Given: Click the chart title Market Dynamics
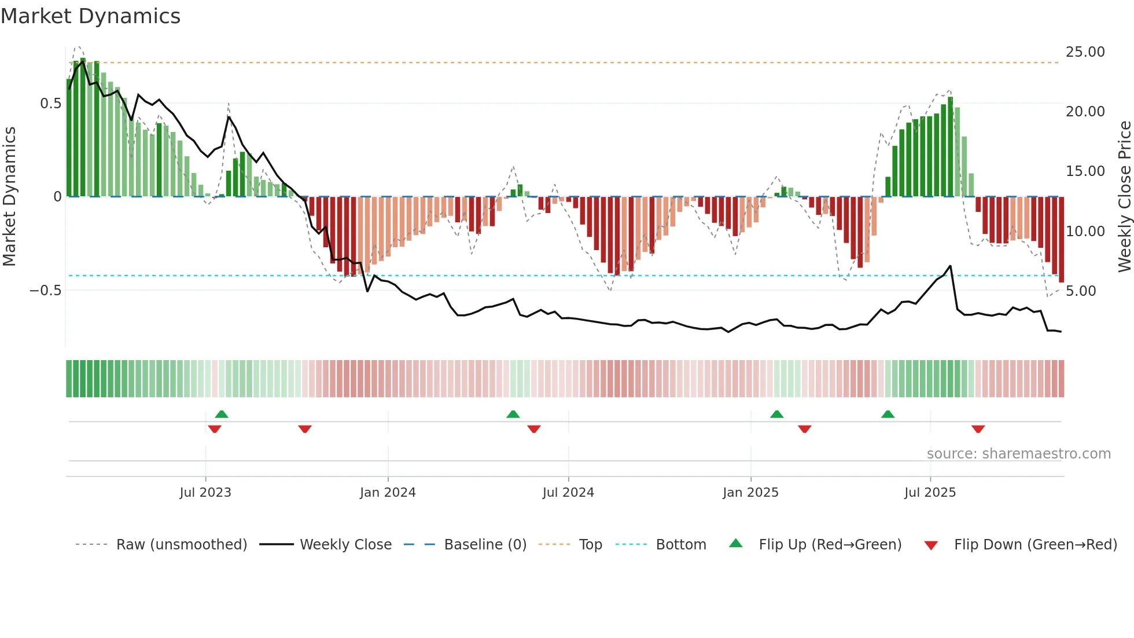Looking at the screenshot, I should [x=91, y=16].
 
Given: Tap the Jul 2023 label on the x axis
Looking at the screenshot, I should [x=205, y=493].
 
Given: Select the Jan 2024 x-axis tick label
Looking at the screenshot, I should [x=388, y=493].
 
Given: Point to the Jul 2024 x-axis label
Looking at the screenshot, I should [x=568, y=493].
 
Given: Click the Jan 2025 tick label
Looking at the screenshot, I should [x=750, y=493].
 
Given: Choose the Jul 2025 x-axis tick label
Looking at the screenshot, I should [x=930, y=493].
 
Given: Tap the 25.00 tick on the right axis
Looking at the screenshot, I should [x=1085, y=52].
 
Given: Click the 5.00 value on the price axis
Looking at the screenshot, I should [x=1081, y=291].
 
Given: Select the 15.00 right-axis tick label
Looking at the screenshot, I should [x=1085, y=171].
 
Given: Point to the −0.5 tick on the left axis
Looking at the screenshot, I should [x=46, y=291].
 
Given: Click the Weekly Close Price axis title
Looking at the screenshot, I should [x=1125, y=196].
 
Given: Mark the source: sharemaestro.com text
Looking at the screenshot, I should [x=1018, y=454].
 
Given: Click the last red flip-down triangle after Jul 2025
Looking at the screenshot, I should [x=978, y=429].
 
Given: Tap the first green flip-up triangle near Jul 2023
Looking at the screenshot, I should [x=222, y=414].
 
